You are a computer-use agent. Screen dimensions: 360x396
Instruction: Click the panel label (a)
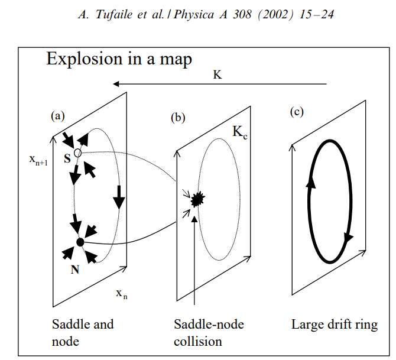pos(57,116)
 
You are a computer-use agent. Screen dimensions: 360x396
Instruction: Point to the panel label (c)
pos(297,112)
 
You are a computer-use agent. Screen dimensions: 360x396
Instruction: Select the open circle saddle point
pos(78,153)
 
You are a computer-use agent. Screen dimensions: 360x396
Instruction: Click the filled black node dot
pos(80,242)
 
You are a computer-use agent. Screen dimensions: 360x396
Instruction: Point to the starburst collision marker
pos(196,200)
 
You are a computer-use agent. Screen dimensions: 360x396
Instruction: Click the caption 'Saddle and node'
pos(83,332)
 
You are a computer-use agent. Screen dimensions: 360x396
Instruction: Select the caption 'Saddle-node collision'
pos(209,332)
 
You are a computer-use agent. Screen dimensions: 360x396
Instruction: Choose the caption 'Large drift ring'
pos(334,325)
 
